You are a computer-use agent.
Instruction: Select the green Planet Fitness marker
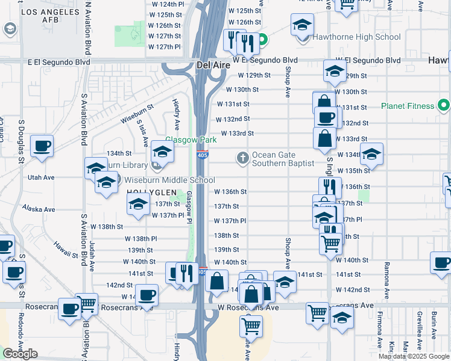[444, 106]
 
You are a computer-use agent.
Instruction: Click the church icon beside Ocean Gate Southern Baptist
[243, 158]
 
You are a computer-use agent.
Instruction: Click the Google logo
[20, 354]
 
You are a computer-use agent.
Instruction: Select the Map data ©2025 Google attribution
[414, 356]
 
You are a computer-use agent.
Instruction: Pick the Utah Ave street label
[41, 177]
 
